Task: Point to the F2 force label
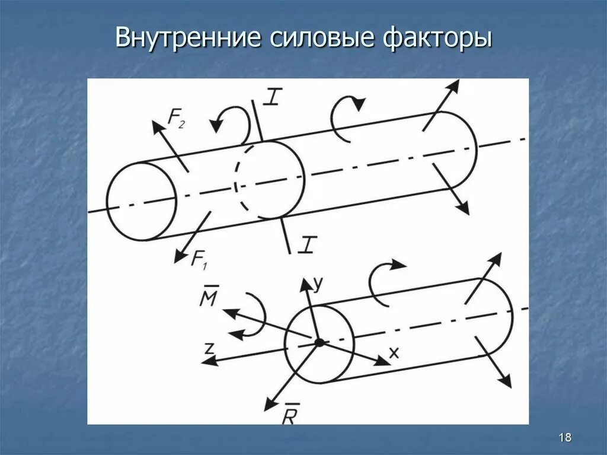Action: [x=177, y=119]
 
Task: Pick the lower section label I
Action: [x=306, y=244]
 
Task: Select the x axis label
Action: [x=394, y=352]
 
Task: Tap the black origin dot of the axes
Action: [x=319, y=342]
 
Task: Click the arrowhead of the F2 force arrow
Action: [x=156, y=124]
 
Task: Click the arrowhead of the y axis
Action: [x=306, y=282]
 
